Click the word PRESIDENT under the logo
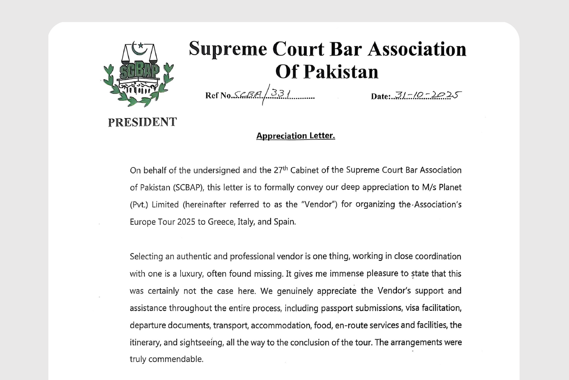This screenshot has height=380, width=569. (142, 122)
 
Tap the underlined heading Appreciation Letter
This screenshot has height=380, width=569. (296, 136)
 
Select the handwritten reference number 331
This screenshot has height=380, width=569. (280, 94)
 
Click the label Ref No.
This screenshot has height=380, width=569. (218, 95)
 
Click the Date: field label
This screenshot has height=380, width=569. (380, 96)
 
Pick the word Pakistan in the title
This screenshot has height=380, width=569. (341, 72)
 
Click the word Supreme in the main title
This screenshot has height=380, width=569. (228, 49)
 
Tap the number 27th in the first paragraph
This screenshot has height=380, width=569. (281, 170)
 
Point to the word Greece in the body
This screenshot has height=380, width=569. (221, 222)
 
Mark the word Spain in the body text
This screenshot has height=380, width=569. (284, 222)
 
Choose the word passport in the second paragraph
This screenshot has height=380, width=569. (337, 308)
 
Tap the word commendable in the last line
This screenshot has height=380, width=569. (176, 359)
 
